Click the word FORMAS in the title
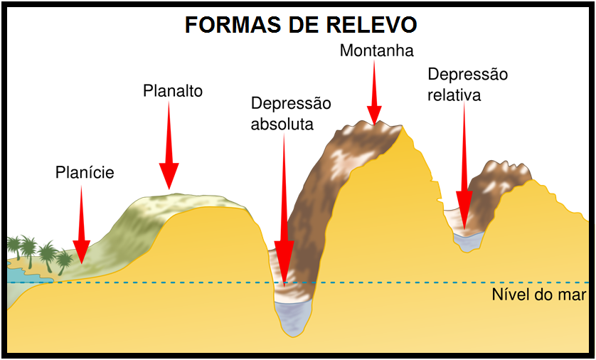pos(233,25)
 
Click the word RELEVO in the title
pos(371,25)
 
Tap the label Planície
pos(85,173)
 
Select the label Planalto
pos(173,91)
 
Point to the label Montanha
pos(377,51)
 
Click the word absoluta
pos(282,124)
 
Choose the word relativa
pos(454,95)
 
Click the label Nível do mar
pos(539,295)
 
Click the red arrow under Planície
pos(81,225)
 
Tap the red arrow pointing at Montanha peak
pos(374,92)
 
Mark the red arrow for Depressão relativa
pos(464,166)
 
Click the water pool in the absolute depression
pos(294,318)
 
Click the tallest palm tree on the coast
pos(28,251)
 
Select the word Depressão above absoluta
pos(291,104)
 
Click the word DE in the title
pos(303,25)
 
